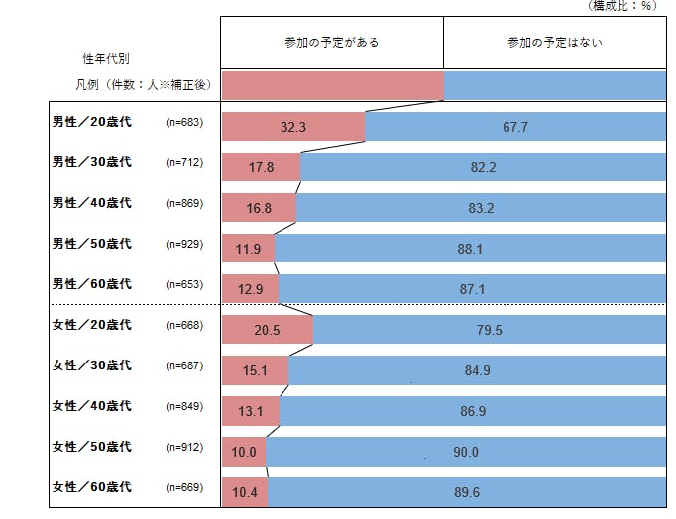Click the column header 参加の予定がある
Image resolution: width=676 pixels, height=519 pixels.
[331, 43]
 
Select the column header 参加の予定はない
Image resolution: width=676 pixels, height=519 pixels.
[554, 43]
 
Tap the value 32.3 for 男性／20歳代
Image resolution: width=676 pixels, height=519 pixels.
[293, 128]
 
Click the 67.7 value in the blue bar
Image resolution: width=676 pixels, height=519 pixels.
[514, 128]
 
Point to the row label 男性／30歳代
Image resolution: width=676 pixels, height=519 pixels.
[91, 162]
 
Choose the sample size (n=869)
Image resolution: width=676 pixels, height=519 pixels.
[184, 204]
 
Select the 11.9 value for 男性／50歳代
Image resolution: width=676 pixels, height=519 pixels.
[248, 250]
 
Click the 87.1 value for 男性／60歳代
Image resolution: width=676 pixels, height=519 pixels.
[471, 290]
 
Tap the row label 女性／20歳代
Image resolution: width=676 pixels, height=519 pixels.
[91, 326]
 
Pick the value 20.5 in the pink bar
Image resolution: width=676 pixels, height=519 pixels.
[267, 331]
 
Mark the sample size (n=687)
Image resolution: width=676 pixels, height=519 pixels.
[184, 366]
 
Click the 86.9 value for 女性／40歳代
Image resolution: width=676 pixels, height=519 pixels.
[471, 412]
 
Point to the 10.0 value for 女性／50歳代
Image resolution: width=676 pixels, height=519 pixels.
[244, 453]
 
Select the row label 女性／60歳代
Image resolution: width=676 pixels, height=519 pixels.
[91, 487]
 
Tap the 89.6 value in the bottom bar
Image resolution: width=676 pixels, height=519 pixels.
[466, 493]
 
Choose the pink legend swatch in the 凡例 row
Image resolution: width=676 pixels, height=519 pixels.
[332, 86]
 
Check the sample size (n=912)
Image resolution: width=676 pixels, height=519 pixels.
[184, 447]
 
